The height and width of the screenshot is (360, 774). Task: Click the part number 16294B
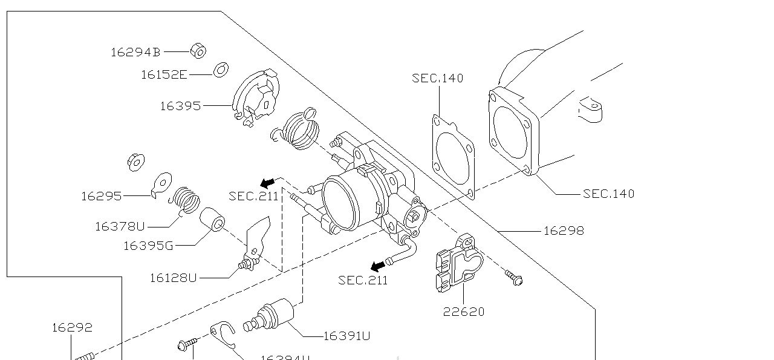coord(135,53)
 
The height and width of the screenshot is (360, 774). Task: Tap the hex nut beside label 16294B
coord(198,51)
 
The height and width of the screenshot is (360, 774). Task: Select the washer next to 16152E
coord(221,70)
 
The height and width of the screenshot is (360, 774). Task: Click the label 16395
coord(180,106)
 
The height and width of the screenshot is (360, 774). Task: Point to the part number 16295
coord(101,196)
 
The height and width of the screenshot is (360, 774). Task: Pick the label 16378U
coord(120,227)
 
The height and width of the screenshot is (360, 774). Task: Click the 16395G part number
coord(148,246)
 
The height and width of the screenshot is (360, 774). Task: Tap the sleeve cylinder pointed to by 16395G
coord(212,220)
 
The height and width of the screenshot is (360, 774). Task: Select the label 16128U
coord(173,278)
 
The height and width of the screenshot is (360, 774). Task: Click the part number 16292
coord(72,328)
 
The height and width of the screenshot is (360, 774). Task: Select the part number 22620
coord(464,312)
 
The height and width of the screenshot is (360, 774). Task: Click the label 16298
coord(564,231)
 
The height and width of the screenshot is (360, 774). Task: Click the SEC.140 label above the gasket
coord(438,78)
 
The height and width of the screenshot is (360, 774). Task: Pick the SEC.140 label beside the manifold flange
coord(608,194)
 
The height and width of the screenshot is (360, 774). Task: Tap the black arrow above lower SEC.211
coord(378,266)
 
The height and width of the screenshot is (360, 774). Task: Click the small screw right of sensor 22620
coord(514,278)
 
